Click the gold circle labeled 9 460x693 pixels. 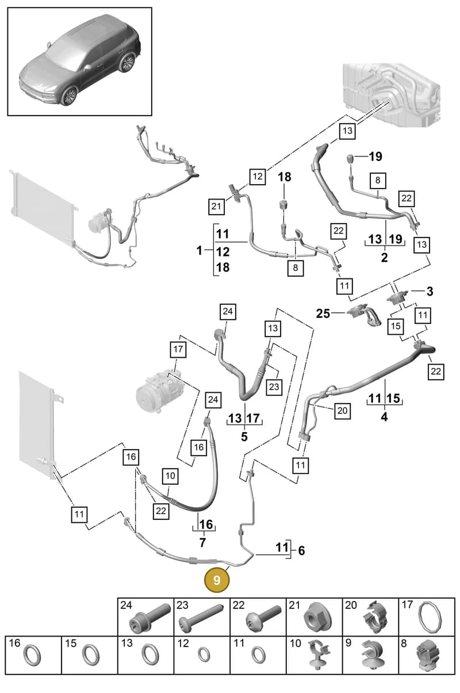click(217, 580)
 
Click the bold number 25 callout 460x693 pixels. click(323, 313)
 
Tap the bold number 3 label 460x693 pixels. click(430, 291)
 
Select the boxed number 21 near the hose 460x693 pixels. click(216, 206)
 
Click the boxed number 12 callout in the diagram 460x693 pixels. click(258, 177)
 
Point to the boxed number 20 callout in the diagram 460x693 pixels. click(342, 411)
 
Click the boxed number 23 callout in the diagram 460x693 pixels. click(274, 386)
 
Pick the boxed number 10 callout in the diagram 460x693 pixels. click(170, 476)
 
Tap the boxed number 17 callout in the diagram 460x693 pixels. click(178, 349)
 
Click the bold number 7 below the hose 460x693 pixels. click(202, 542)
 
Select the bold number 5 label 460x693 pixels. click(244, 437)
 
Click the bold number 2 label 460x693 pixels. click(384, 258)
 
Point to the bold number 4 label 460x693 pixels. click(384, 417)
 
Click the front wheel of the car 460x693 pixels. click(70, 96)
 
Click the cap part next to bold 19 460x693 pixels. click(350, 158)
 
